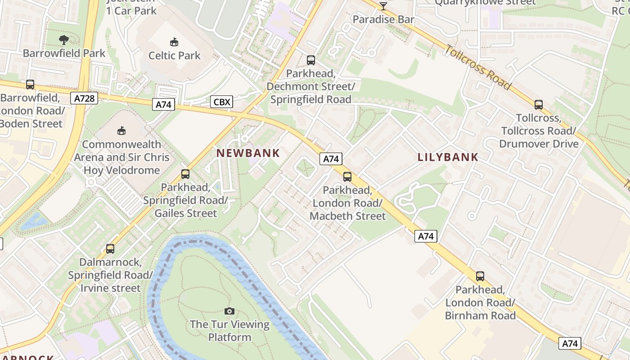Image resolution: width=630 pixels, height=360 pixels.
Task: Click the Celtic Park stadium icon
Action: click(174, 42)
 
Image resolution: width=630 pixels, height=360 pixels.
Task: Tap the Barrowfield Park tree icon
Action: click(64, 40)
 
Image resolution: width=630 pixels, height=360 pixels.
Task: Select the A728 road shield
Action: click(84, 98)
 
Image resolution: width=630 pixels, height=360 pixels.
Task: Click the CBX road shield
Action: click(221, 102)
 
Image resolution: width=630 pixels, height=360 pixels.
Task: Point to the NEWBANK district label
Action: click(248, 153)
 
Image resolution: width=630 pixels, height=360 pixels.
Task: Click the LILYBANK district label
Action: click(448, 157)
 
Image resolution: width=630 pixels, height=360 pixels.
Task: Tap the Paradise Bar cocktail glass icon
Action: click(383, 6)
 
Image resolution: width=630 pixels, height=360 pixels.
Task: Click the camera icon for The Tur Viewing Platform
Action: click(229, 311)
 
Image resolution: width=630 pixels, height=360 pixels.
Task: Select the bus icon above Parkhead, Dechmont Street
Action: click(310, 60)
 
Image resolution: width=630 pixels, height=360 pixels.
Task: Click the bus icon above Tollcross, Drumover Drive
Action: click(539, 105)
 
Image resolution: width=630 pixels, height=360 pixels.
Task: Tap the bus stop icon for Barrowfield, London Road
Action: click(30, 84)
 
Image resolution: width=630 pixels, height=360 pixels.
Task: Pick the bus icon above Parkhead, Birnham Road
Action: click(480, 276)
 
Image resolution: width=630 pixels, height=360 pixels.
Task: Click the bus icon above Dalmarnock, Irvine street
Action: click(110, 248)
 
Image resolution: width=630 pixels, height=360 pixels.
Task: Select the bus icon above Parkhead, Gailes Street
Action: click(185, 174)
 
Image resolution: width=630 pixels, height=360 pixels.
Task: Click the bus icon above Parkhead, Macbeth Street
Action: click(347, 177)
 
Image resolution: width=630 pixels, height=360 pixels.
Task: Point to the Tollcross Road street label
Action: click(478, 67)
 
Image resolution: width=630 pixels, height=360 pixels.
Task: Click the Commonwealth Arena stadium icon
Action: click(121, 131)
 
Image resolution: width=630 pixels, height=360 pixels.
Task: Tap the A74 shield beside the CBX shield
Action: click(163, 104)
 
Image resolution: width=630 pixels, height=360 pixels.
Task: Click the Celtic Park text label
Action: click(175, 56)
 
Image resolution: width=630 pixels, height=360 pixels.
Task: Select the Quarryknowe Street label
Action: click(485, 2)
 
